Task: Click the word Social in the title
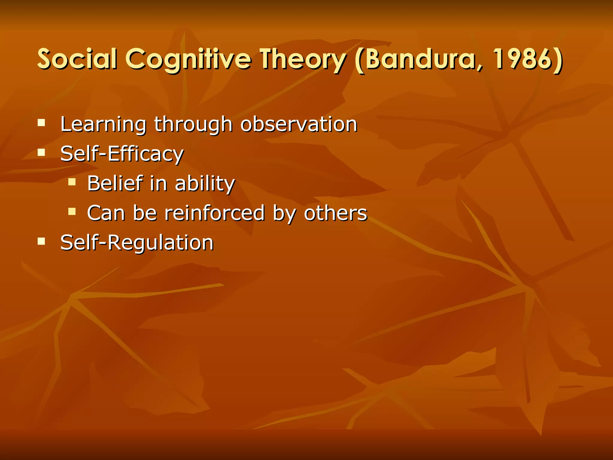(77, 59)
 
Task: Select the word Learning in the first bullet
(103, 124)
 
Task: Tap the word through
(193, 124)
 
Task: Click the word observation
(299, 124)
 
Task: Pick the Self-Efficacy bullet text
(122, 154)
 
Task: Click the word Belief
(115, 183)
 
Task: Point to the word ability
(205, 183)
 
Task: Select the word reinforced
(215, 213)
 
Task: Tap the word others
(336, 213)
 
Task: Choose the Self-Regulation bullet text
(137, 243)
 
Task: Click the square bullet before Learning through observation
(41, 123)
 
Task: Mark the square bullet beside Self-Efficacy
(41, 152)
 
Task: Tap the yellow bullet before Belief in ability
(72, 182)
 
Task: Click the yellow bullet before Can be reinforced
(72, 212)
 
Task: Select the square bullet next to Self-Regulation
(41, 241)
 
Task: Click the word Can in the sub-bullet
(106, 213)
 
